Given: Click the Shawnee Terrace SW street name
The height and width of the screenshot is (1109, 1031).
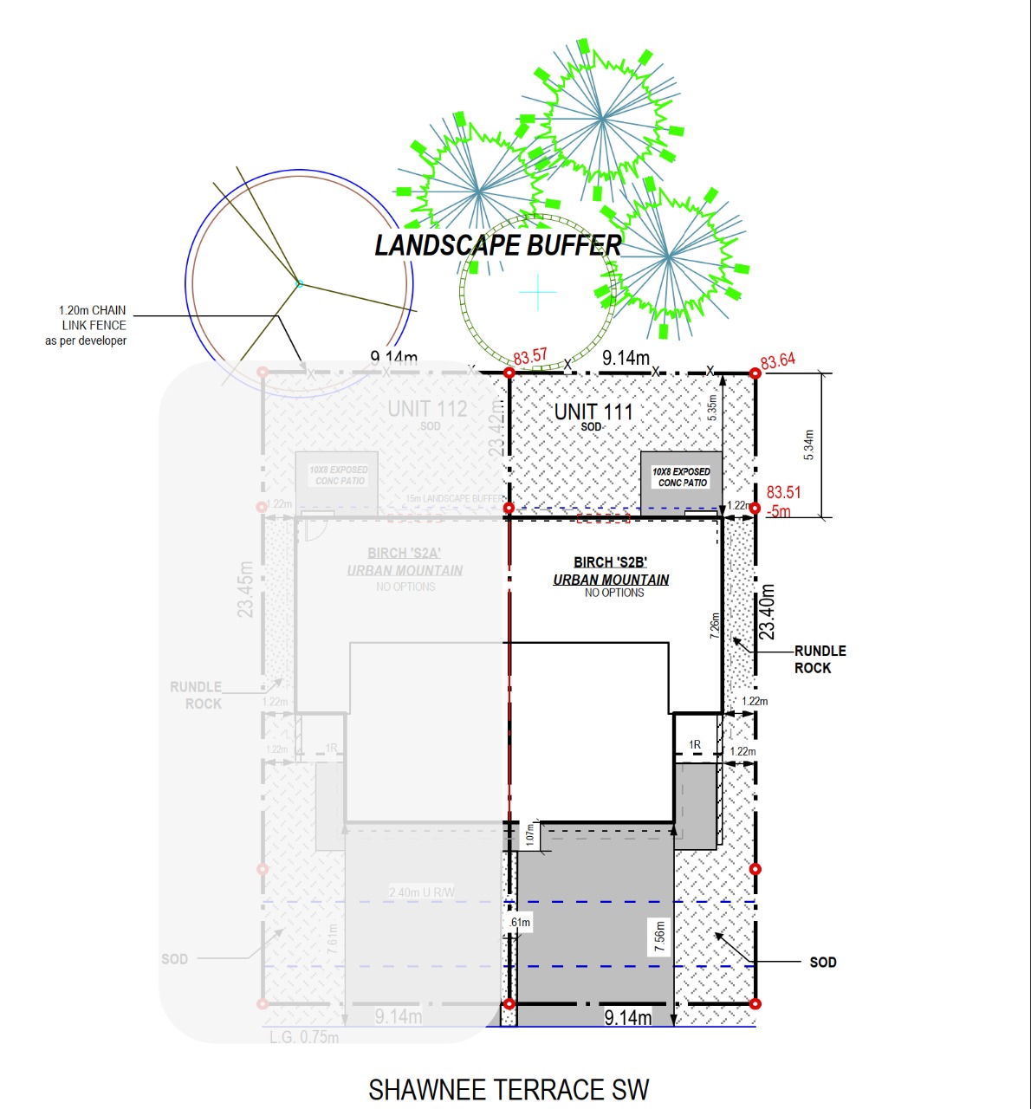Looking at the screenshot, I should pos(509,1089).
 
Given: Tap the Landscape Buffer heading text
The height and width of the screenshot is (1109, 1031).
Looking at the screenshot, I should pos(497,246).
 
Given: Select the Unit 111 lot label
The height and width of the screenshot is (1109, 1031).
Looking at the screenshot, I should pos(593,412).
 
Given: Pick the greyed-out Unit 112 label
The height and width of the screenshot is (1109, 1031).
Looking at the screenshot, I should pos(427,409).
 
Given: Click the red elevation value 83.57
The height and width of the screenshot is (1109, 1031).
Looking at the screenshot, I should pos(530,356).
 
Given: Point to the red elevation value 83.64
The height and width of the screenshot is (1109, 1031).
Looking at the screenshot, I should pos(778,360).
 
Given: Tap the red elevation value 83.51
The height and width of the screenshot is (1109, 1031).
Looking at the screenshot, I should pos(783,492).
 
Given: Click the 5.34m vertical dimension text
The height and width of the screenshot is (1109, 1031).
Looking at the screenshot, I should pos(808,445).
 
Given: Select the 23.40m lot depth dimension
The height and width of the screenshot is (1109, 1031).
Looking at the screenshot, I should pos(768,612).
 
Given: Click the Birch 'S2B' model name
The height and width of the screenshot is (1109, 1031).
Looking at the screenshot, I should pos(610,562).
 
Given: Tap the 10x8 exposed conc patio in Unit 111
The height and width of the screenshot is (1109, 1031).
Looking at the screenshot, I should pos(681,477).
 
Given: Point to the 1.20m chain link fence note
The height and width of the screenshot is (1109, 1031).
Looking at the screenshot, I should pos(87,325).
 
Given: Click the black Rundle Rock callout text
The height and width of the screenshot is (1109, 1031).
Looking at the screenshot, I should pos(820,659).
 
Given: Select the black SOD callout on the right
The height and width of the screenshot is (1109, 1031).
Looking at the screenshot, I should pos(823,962).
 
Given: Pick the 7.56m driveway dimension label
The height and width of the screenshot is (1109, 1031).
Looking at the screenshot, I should pos(660,937).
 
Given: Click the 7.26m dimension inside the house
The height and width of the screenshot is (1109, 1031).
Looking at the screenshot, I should pos(715,626).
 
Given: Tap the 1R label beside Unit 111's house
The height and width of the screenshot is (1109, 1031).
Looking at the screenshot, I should pos(695,745).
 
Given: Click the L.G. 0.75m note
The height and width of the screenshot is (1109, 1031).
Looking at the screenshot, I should pos(304,1037).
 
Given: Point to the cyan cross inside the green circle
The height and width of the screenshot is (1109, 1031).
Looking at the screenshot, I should pos(538,292).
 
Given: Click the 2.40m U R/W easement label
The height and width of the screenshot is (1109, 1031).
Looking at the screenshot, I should pos(422,892).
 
